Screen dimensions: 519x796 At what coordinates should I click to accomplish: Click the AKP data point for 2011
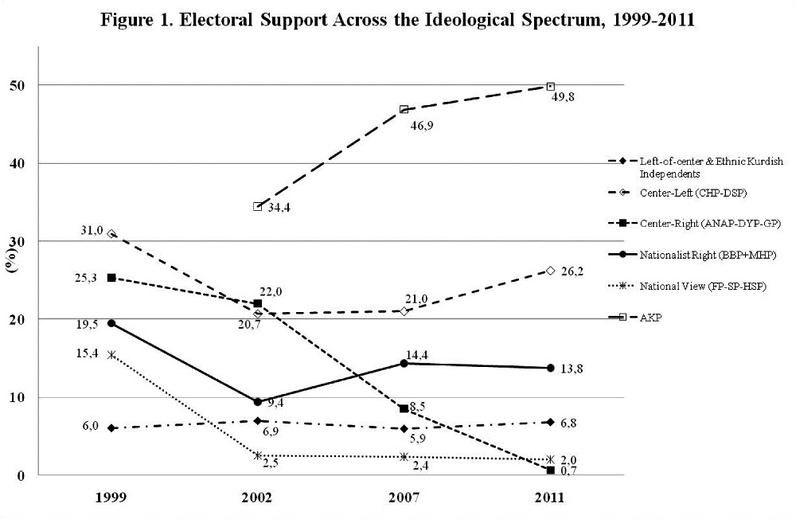550,86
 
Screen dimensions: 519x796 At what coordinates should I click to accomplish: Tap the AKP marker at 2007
404,109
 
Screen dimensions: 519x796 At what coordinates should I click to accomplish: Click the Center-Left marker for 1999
111,234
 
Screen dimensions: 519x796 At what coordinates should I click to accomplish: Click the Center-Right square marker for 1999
111,278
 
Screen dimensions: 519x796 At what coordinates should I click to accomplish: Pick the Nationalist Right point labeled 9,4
257,402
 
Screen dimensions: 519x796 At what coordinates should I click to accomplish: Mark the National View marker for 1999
111,355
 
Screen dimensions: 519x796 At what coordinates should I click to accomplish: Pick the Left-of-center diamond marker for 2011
550,422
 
